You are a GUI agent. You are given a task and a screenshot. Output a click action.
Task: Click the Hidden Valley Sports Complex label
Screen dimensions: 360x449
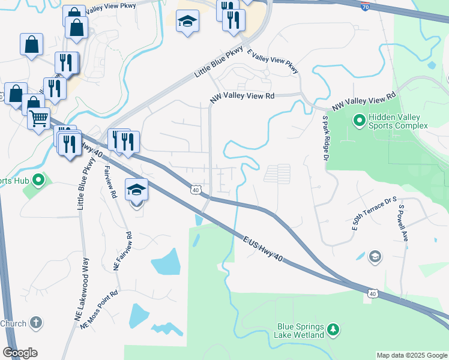398,122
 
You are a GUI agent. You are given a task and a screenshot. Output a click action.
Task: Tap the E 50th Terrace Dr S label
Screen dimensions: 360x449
375,214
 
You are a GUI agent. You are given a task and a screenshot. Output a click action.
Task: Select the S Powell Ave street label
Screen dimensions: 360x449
403,223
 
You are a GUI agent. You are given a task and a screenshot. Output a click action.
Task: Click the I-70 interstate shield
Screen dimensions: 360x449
366,7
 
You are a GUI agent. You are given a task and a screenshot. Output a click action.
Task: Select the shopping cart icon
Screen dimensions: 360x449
39,118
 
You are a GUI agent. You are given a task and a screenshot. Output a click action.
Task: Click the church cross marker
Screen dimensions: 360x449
35,323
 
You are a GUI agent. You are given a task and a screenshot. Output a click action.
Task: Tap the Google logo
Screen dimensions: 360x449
20,353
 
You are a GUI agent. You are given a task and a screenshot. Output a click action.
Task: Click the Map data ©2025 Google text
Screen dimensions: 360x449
411,355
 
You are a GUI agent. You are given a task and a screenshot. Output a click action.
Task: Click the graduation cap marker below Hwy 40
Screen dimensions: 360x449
136,190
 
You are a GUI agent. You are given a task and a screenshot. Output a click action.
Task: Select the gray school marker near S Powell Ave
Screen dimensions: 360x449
375,256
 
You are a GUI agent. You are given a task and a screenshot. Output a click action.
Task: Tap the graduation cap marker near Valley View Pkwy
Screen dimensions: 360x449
187,22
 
